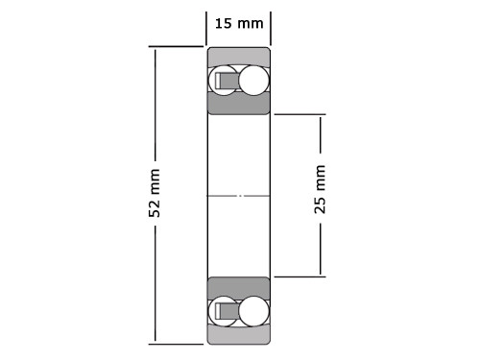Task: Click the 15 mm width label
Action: [237, 23]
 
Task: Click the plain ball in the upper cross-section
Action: [254, 81]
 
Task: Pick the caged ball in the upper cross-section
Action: [225, 81]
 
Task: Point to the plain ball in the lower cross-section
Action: [254, 310]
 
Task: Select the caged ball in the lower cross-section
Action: [225, 310]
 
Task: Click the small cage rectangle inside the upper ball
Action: [227, 81]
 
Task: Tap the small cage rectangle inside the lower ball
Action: [227, 310]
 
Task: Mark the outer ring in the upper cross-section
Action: [238, 56]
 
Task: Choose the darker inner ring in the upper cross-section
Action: [238, 104]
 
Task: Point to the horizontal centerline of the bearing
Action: [238, 196]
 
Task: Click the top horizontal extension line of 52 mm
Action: [178, 46]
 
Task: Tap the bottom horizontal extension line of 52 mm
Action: [178, 343]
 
